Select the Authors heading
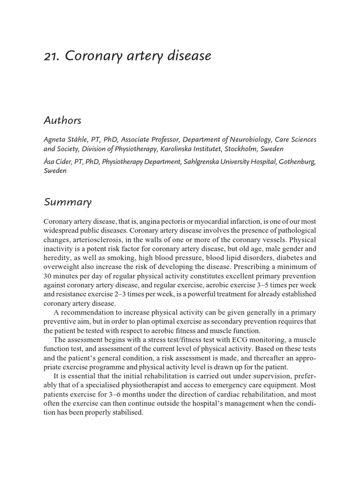[62, 120]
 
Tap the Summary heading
[67, 202]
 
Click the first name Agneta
[55, 140]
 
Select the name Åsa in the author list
[51, 162]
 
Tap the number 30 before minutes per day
[48, 276]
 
